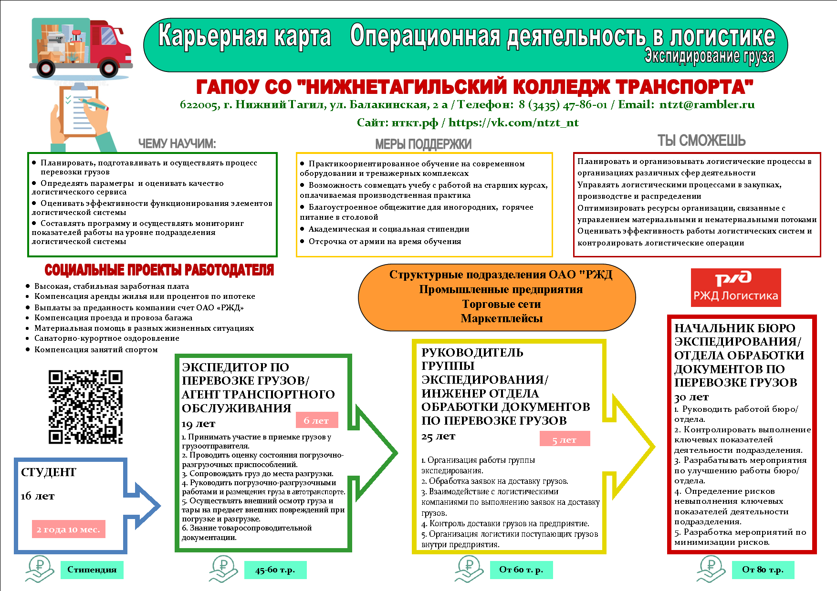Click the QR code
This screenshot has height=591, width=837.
[85, 407]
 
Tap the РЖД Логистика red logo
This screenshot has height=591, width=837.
[735, 287]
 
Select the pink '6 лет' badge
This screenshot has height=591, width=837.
[316, 420]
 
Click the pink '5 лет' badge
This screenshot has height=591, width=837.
[565, 439]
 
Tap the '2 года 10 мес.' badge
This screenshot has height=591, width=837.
[68, 529]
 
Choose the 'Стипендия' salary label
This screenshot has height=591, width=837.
[92, 570]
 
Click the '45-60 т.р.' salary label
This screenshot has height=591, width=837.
[275, 570]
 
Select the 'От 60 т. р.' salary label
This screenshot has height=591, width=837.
[521, 570]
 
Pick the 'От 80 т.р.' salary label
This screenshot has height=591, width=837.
[763, 570]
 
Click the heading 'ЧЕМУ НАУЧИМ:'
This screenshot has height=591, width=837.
[177, 143]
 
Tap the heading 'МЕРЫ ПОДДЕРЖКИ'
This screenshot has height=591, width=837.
[423, 144]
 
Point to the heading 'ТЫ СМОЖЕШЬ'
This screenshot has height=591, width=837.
[701, 141]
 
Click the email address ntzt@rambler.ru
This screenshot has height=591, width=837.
[707, 104]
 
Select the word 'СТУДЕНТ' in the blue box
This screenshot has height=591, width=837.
[49, 472]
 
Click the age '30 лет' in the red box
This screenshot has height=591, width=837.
[691, 397]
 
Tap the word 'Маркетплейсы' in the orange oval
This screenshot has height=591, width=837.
[502, 318]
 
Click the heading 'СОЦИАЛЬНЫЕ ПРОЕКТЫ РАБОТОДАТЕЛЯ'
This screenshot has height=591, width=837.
[159, 270]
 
